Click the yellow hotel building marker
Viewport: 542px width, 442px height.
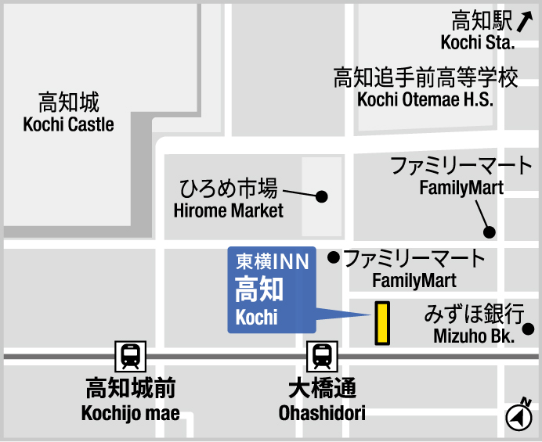(x=382, y=323)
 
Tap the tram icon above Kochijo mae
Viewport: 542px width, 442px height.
(x=129, y=357)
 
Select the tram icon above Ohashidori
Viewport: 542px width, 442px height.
(x=322, y=357)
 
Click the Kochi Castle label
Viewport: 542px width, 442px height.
(x=69, y=124)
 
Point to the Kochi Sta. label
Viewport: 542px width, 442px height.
(x=478, y=41)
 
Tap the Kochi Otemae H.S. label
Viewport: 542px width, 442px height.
(x=425, y=99)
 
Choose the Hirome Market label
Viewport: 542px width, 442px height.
(x=228, y=210)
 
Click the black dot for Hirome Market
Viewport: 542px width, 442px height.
(x=321, y=196)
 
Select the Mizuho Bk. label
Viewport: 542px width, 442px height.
(x=473, y=336)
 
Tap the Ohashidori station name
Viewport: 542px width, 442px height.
(x=322, y=412)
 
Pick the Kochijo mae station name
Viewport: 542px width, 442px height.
(x=130, y=412)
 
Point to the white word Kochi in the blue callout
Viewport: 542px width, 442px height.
(x=256, y=317)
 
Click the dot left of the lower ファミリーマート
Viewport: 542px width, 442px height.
(x=333, y=257)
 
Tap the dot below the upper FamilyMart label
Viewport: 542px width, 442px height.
(x=490, y=232)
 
